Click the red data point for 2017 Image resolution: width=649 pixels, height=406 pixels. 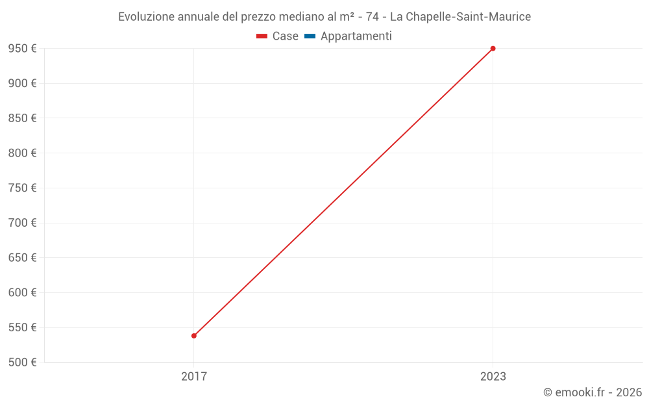point(194,336)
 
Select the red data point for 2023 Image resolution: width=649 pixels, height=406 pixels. point(493,49)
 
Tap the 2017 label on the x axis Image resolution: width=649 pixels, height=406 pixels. point(194,377)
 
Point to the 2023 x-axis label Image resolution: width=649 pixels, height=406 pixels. point(493,377)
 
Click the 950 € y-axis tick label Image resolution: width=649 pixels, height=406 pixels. point(22,49)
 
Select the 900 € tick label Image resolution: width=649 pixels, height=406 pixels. point(22,83)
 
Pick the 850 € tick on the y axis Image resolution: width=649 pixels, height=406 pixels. point(22,118)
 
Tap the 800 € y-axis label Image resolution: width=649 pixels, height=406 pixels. point(22,153)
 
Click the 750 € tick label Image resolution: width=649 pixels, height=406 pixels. point(22,188)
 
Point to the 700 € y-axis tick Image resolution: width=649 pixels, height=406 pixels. point(22,223)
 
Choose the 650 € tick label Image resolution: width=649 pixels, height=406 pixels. point(22,258)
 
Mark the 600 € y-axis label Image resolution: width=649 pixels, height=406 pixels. point(22,293)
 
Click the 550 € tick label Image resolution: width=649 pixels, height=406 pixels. point(22,327)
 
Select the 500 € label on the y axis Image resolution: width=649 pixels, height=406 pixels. point(22,362)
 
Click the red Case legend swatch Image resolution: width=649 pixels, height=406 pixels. point(262,36)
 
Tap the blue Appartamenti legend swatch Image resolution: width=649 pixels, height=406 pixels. point(310,36)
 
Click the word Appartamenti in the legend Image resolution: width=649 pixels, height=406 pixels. point(356,36)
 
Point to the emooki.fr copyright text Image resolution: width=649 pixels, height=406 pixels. point(593,392)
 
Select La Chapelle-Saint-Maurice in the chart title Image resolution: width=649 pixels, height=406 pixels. point(460,17)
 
